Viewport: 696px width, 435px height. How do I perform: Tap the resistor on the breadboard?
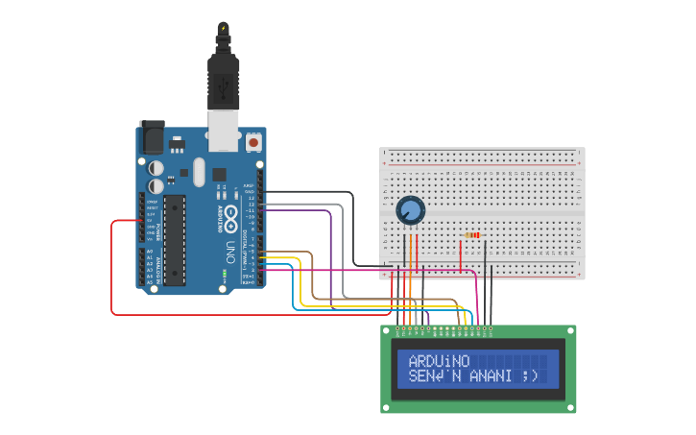click(x=471, y=234)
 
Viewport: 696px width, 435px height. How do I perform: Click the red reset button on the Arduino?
click(x=253, y=142)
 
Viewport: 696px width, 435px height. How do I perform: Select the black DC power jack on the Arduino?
click(x=152, y=139)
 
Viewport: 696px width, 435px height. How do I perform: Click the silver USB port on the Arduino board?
click(x=224, y=131)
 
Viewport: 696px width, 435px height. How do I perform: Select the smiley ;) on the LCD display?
click(x=531, y=375)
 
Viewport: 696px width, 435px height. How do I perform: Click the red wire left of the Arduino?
click(x=112, y=269)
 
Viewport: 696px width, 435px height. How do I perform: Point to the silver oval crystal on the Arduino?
click(x=199, y=172)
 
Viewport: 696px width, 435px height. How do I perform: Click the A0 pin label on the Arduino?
click(x=150, y=251)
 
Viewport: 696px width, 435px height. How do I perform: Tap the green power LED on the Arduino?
click(x=225, y=274)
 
